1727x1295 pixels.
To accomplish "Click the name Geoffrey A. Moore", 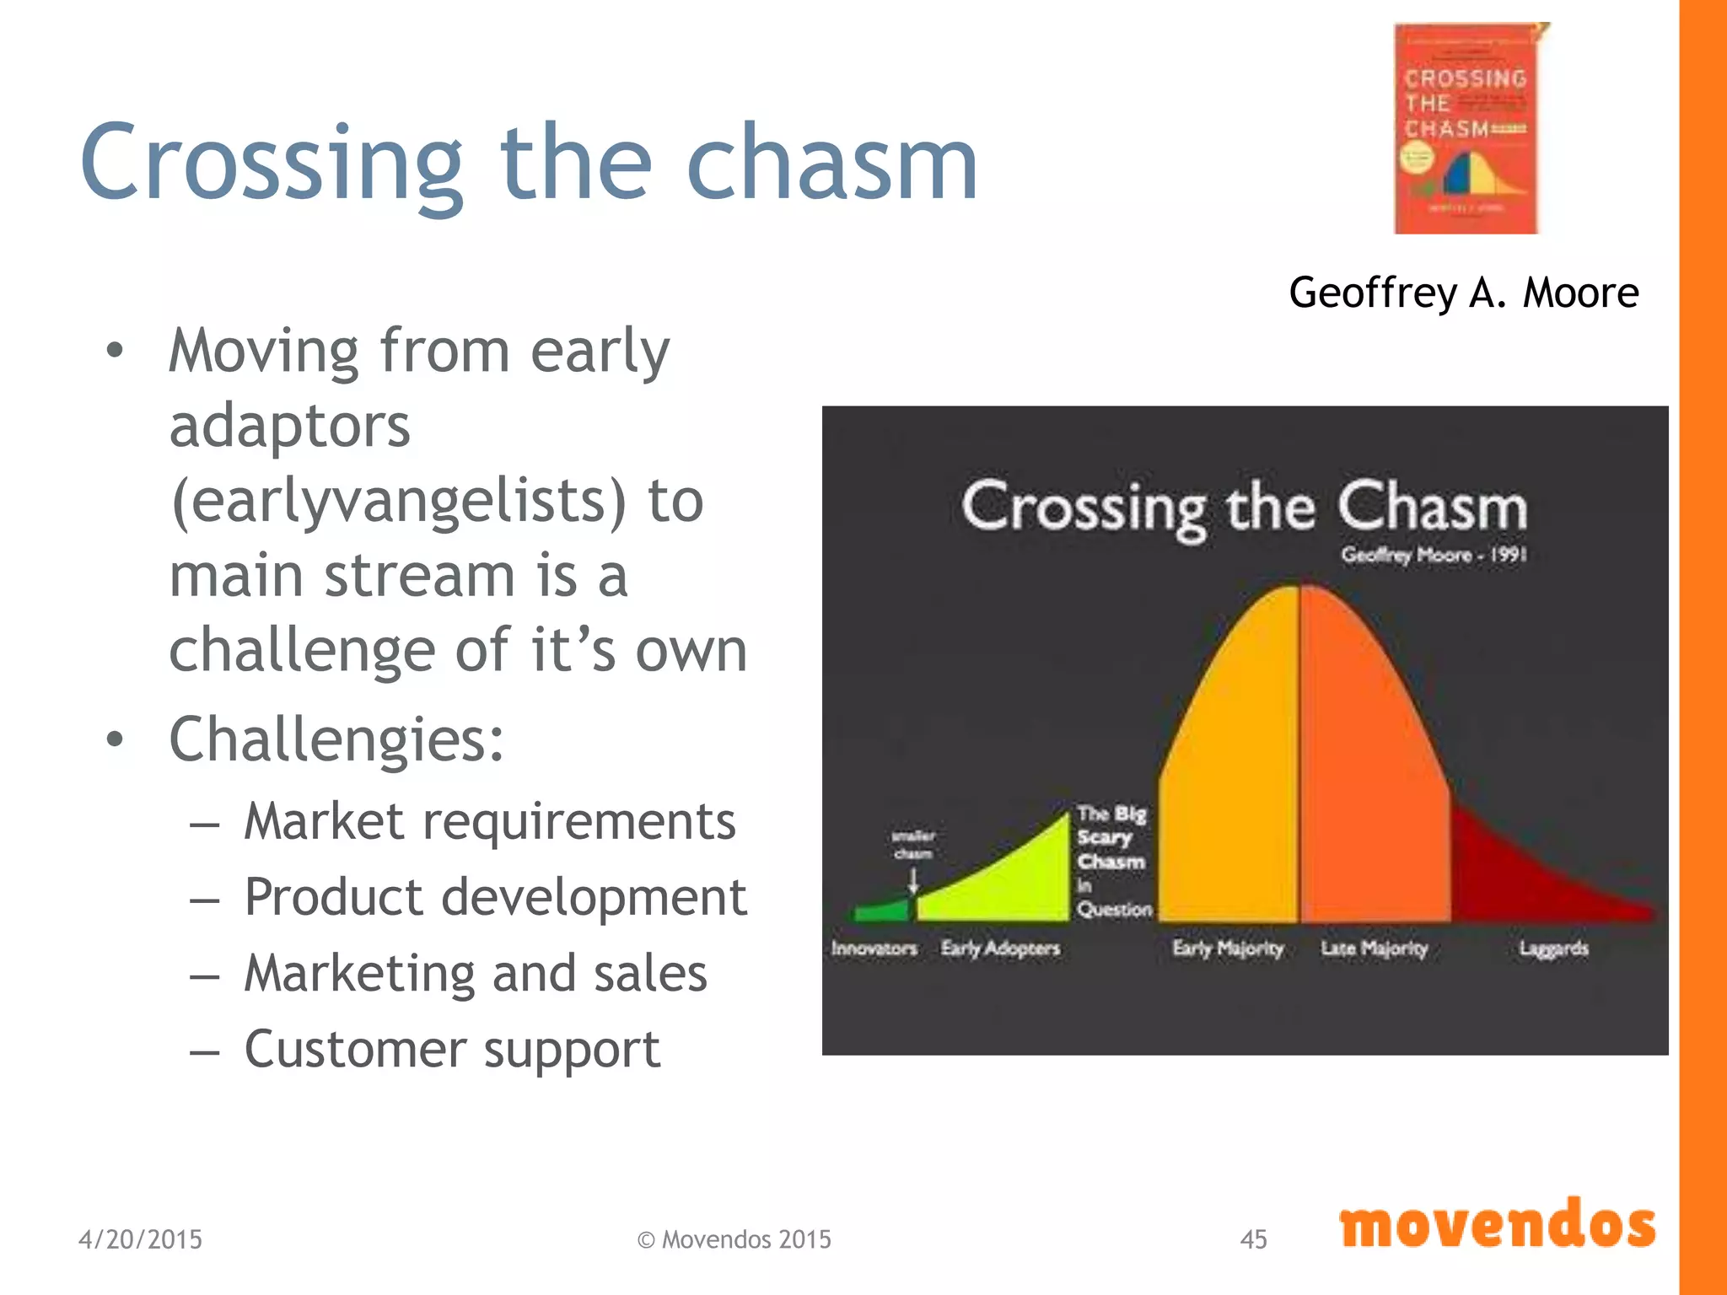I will point(1463,293).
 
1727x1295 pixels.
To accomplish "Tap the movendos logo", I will point(1497,1225).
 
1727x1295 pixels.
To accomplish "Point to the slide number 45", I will point(1253,1239).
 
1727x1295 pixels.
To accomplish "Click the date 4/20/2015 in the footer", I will point(140,1239).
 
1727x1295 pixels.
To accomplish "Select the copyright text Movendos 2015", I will point(734,1239).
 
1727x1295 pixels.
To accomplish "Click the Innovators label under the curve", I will point(874,948).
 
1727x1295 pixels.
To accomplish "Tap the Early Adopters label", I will point(1000,948).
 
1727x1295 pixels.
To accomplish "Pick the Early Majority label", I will point(1228,948).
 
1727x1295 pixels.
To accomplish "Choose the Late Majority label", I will point(1375,948).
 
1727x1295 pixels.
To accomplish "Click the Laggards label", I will point(1553,948).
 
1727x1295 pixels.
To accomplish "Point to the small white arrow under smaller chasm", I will point(912,881).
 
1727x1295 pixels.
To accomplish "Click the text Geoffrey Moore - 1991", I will point(1434,555).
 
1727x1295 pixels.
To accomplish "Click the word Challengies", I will point(336,739).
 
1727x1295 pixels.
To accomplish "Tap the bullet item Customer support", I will point(452,1050).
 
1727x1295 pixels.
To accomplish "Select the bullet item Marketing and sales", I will point(476,973).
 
